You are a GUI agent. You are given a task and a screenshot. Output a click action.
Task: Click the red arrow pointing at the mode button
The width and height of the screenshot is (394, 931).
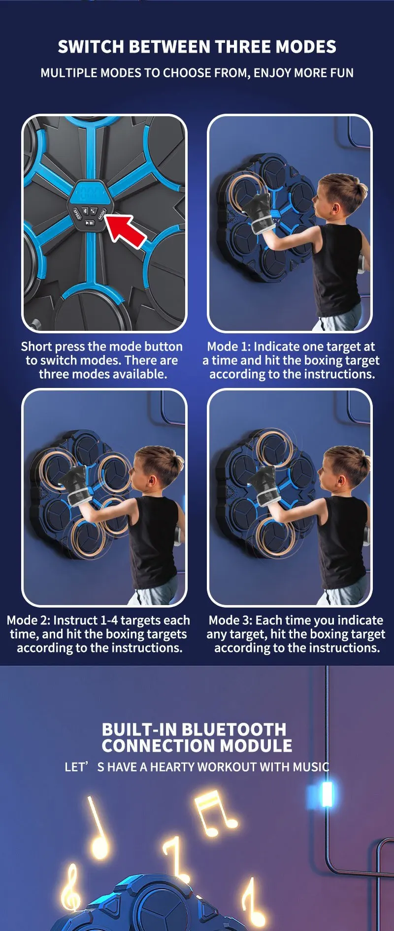point(125,228)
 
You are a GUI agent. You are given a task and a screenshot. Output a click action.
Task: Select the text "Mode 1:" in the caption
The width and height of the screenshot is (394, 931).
point(229,347)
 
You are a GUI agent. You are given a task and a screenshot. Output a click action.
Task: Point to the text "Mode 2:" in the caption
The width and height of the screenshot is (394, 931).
point(29,620)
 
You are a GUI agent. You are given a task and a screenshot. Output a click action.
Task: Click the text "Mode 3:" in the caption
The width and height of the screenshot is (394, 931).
point(230,620)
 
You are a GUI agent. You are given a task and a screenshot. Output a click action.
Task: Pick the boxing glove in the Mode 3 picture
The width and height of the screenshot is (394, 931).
point(261,485)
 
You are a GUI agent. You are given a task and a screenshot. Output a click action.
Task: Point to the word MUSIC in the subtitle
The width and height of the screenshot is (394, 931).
point(311,767)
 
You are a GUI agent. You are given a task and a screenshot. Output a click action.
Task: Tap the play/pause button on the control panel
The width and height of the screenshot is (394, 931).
point(90,223)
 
